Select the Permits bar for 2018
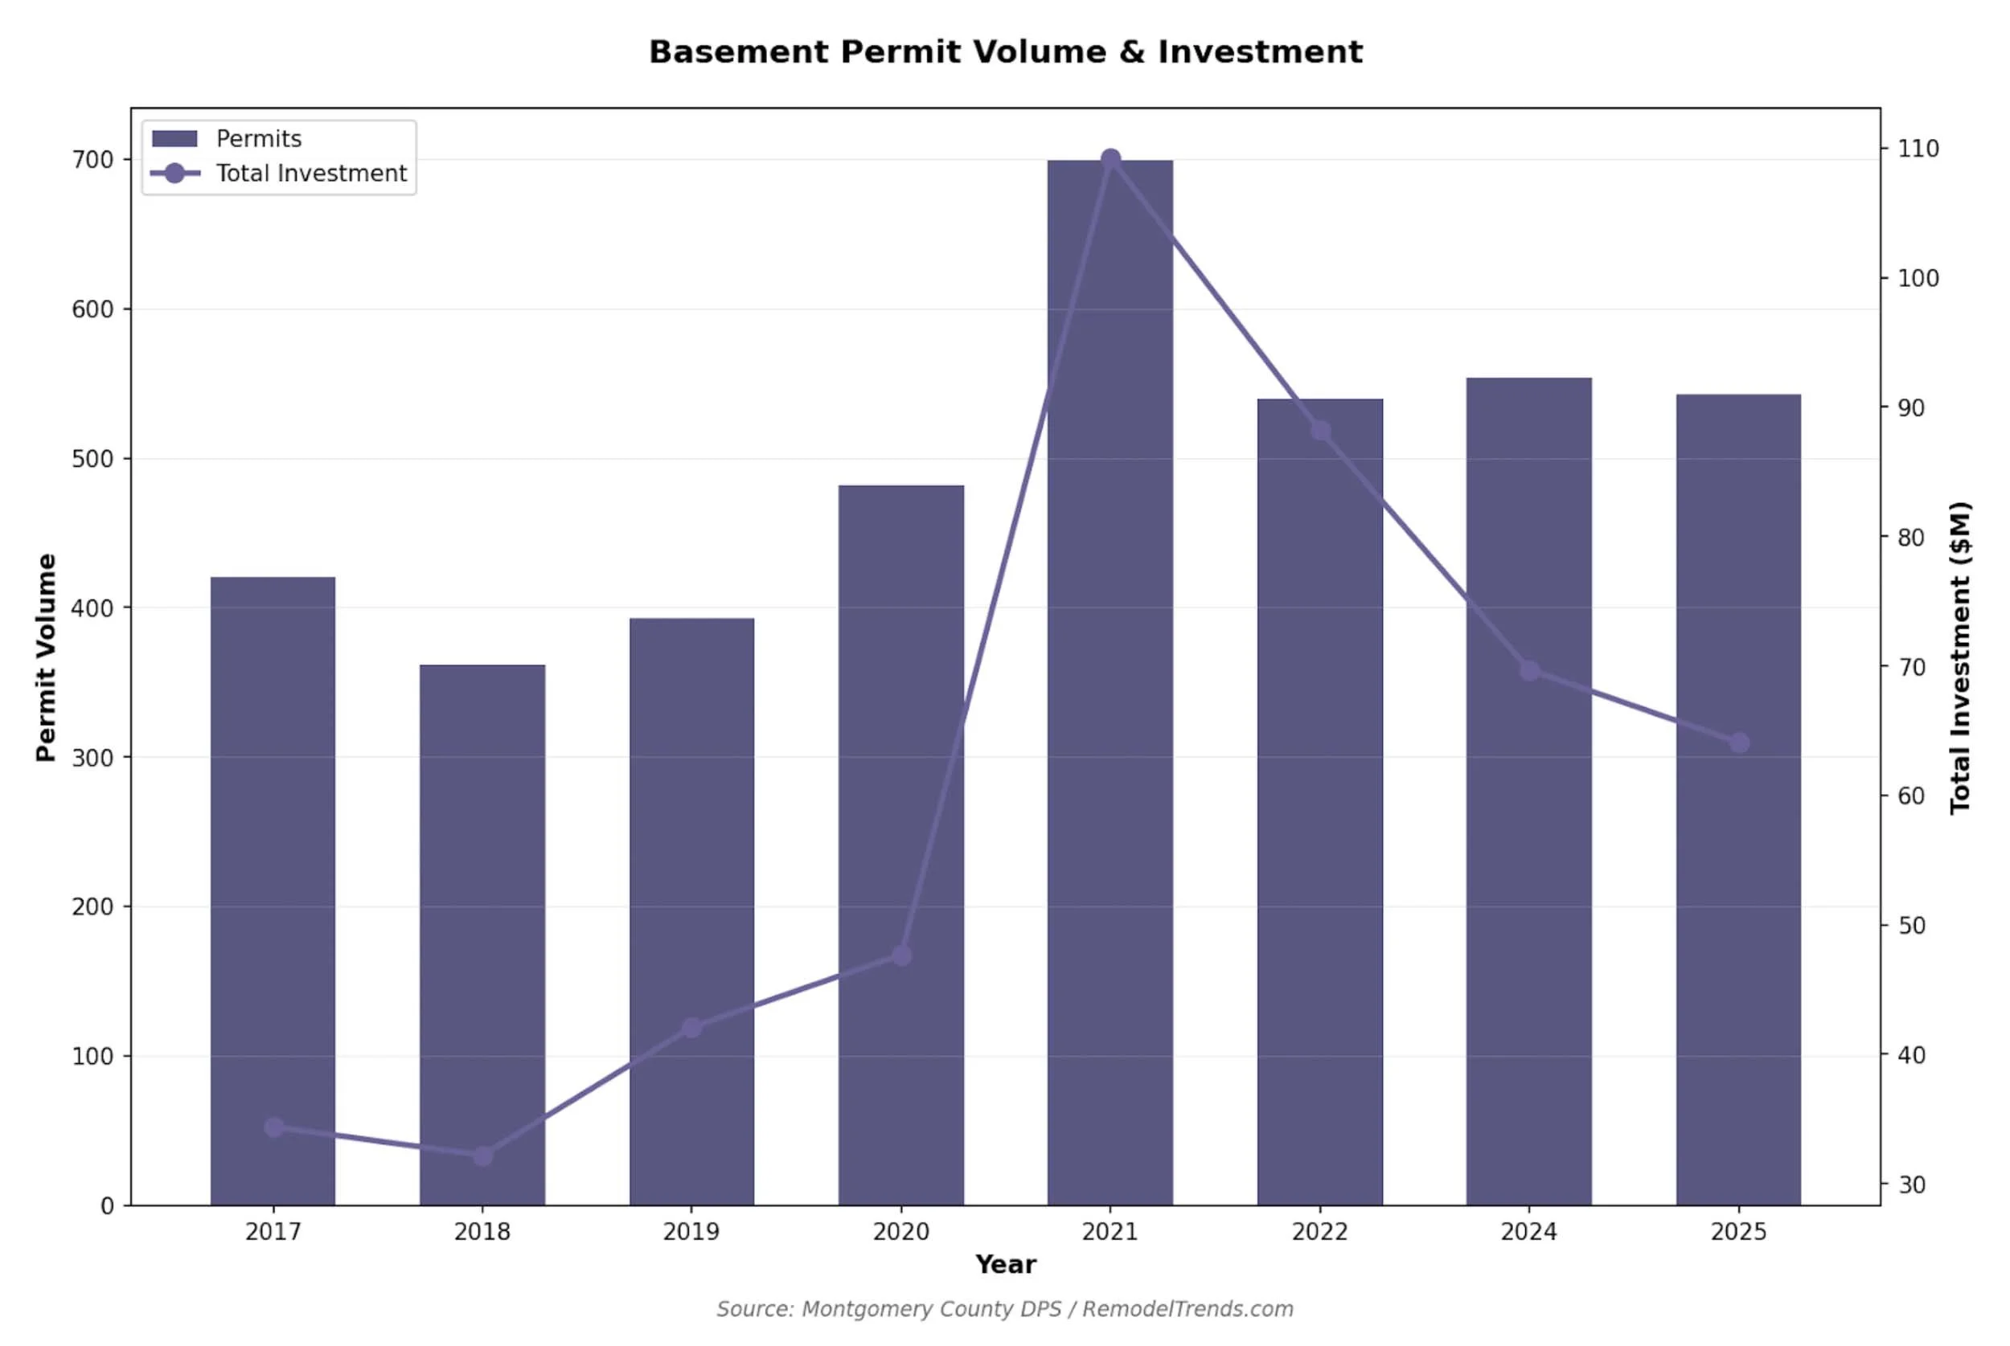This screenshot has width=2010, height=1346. [482, 935]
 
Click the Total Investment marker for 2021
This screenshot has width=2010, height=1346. [1110, 160]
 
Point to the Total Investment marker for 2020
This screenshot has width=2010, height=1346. [900, 955]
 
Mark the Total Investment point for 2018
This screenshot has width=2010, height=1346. [482, 1156]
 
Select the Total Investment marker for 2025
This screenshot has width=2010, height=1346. [1739, 743]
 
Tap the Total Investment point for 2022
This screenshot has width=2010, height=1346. [1320, 431]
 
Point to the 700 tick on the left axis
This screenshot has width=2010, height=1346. [92, 160]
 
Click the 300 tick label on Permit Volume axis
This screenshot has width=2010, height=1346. [92, 758]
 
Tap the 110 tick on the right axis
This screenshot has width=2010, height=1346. [1918, 149]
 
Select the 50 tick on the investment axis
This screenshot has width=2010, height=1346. [1911, 927]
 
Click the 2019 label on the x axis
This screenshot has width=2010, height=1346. [691, 1232]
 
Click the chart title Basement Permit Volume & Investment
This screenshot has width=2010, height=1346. [1004, 52]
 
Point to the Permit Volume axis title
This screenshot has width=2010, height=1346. [46, 657]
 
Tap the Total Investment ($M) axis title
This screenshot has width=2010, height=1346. [1960, 657]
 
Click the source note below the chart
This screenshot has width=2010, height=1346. [1004, 1309]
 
